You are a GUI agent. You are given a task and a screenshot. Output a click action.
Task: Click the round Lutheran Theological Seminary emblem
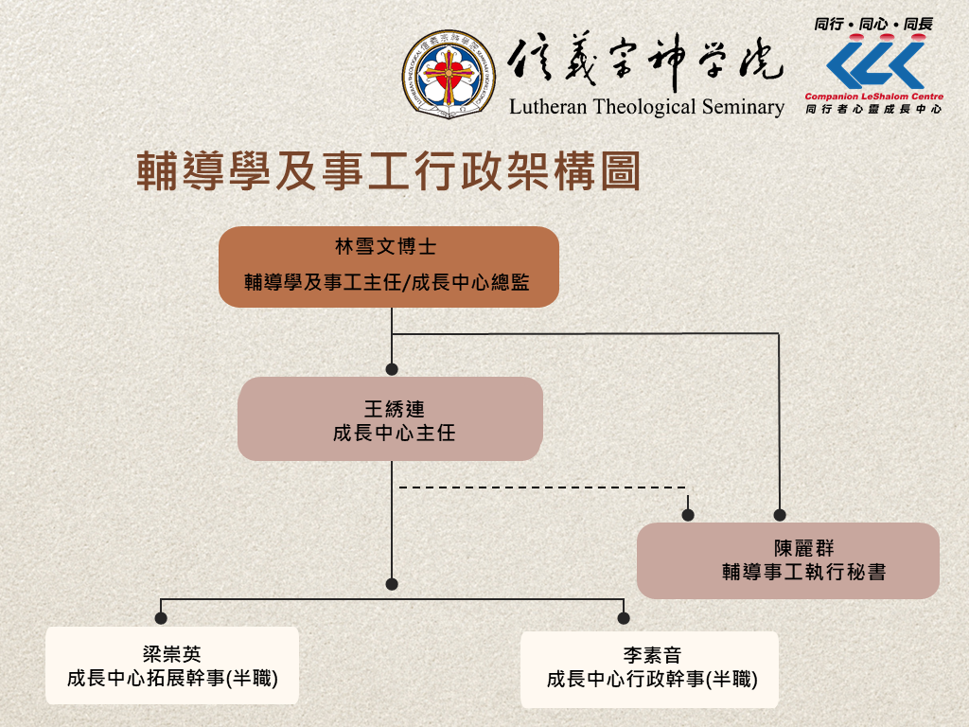tap(448, 74)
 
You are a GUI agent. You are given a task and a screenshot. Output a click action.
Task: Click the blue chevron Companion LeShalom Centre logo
tap(875, 64)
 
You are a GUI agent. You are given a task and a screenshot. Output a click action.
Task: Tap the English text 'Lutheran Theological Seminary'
tap(646, 107)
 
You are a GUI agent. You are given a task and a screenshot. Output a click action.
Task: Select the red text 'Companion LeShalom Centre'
tap(873, 97)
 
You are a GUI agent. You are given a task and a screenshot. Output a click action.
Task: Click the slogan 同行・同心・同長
tap(873, 24)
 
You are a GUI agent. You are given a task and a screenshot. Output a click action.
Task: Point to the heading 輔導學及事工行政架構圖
tap(388, 170)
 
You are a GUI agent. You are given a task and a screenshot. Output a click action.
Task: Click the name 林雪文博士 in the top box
tap(386, 247)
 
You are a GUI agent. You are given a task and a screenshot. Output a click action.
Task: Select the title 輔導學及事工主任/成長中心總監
tap(387, 282)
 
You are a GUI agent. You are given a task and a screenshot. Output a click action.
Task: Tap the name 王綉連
tap(395, 409)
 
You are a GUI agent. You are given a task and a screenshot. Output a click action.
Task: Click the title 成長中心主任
tap(395, 433)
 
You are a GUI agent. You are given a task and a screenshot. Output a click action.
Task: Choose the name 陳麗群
tap(804, 548)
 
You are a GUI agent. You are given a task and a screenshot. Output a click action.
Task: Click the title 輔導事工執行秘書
tap(804, 572)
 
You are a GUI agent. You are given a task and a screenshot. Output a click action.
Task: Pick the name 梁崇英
tap(172, 654)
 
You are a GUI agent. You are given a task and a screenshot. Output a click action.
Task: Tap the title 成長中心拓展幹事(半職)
tap(172, 678)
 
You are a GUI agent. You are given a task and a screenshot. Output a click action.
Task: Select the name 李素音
tap(652, 655)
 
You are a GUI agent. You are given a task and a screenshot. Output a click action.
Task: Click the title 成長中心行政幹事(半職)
tap(652, 680)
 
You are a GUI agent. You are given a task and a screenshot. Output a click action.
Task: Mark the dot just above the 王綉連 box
tap(392, 369)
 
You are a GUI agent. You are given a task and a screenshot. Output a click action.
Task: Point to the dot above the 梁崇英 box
tap(161, 617)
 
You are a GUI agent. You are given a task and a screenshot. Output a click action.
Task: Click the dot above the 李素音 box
tap(624, 617)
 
